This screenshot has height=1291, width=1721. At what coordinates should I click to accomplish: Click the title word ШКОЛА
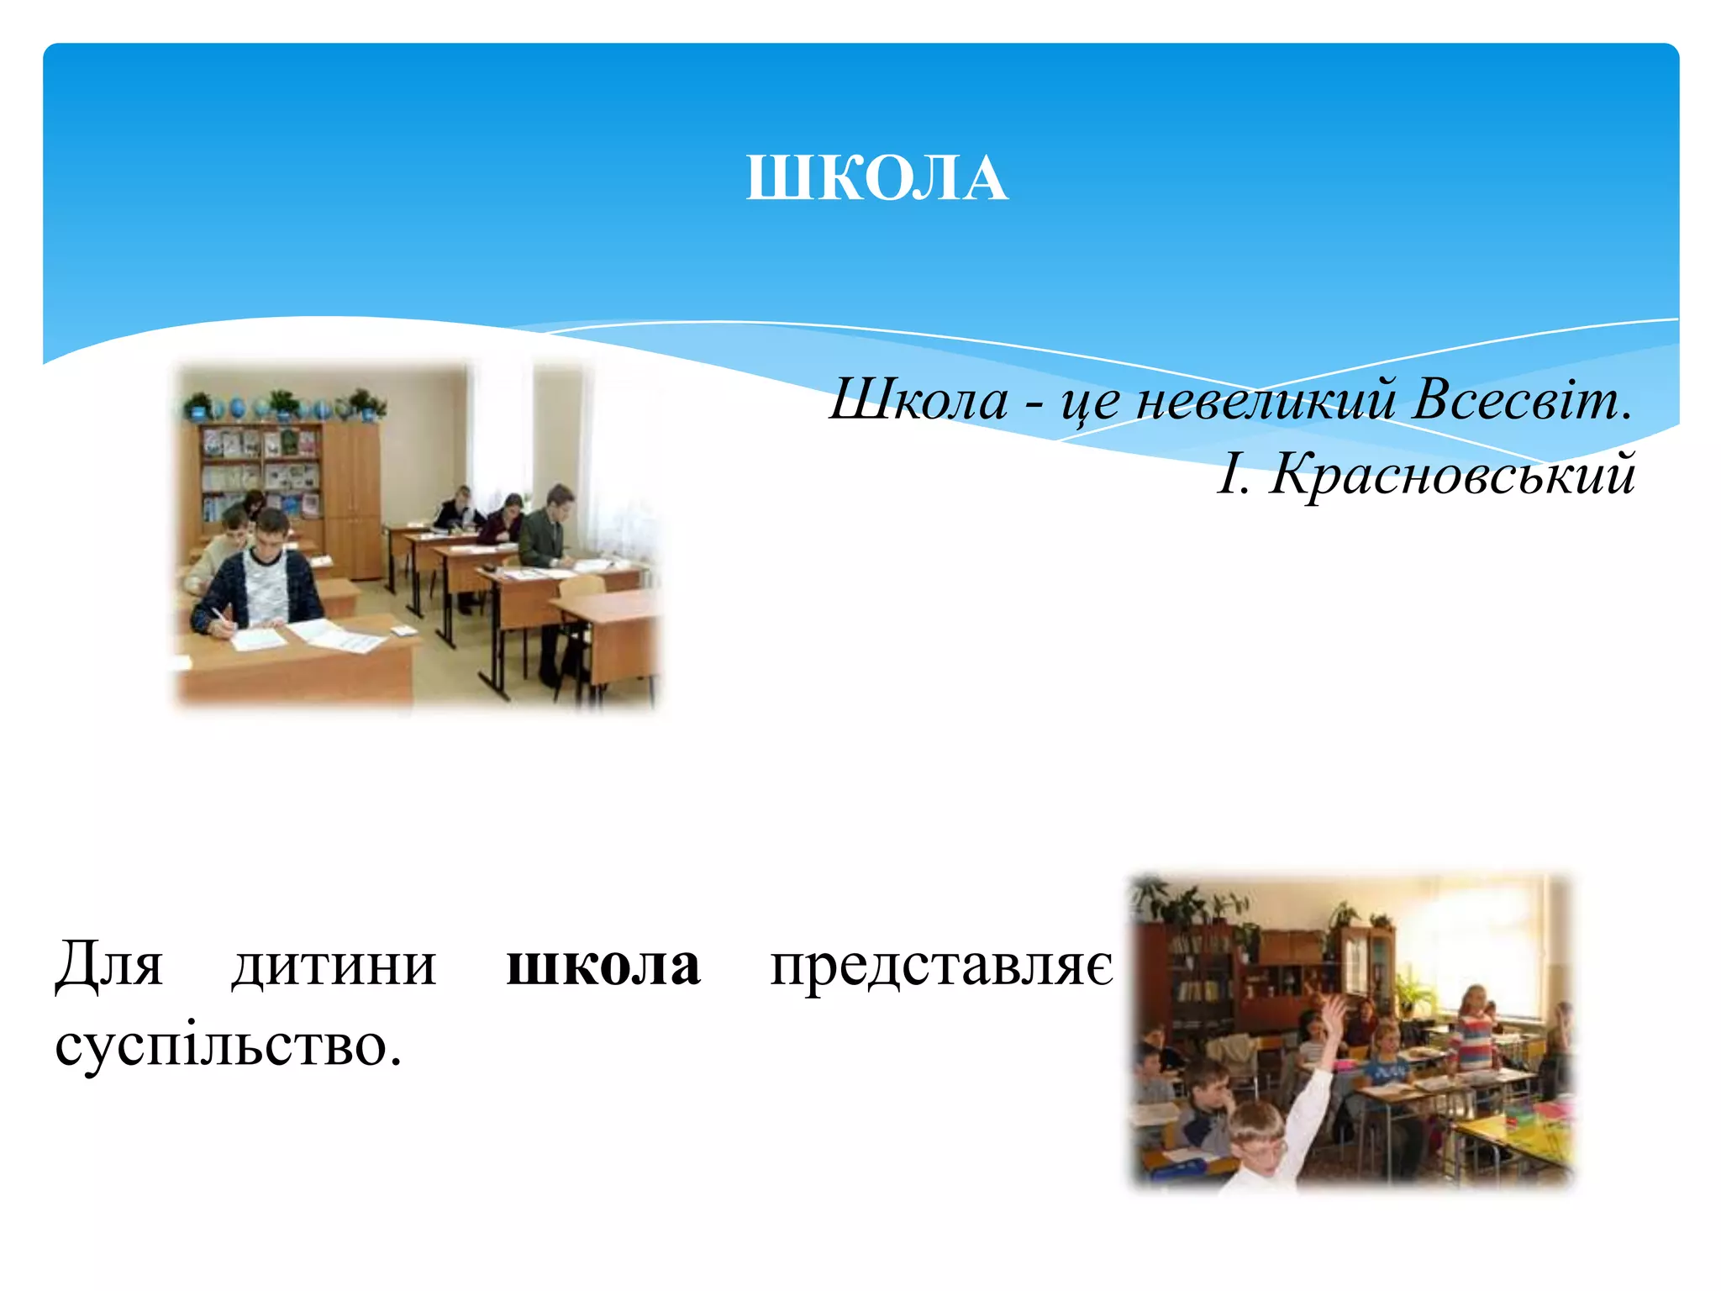pos(876,178)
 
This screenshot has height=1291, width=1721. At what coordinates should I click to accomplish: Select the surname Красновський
pos(1452,474)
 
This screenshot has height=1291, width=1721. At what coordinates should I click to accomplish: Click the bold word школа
pos(603,964)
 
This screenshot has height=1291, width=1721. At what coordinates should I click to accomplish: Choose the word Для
pos(108,964)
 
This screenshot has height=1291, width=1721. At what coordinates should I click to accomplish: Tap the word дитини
pos(334,964)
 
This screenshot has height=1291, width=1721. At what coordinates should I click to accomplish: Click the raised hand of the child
pos(1334,1012)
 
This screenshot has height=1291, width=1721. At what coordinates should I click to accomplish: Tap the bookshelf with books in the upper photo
pos(260,471)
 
